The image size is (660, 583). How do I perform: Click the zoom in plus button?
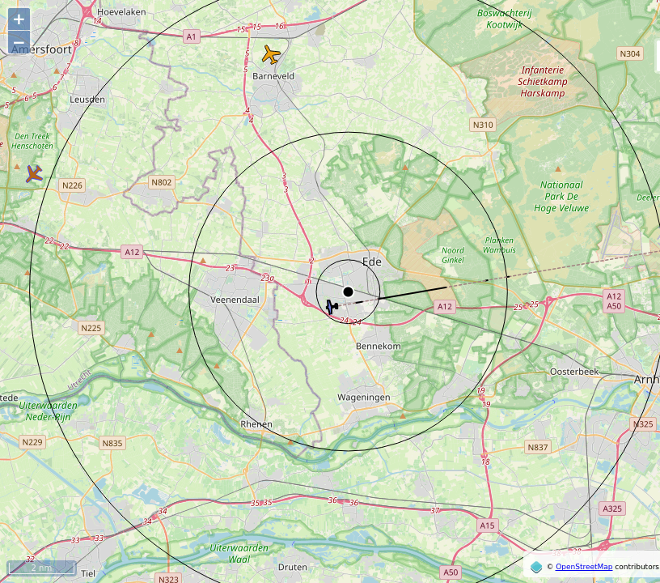pos(19,19)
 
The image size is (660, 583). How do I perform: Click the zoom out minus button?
pos(19,43)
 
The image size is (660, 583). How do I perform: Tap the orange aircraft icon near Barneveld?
pos(271,55)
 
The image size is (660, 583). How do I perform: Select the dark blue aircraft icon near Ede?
pos(331,307)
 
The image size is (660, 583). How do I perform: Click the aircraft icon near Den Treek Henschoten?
pos(33,173)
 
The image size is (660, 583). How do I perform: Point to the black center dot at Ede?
pos(348,291)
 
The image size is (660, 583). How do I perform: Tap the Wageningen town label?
pos(364,397)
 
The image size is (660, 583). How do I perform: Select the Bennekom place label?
pos(378,346)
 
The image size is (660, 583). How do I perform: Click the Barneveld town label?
pos(273,76)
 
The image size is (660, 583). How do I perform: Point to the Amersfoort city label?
pos(42,49)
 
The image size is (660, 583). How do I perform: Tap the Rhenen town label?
pos(256,423)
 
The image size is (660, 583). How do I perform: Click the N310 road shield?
pos(483,125)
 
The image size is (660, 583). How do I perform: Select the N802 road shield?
pos(162,182)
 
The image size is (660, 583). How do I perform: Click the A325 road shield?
pos(612,509)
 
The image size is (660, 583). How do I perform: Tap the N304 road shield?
pos(629,54)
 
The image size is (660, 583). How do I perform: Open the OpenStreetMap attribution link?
pos(583,567)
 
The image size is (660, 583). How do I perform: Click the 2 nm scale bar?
pos(41,568)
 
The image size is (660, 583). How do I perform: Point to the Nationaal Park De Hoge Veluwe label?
pos(561,196)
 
